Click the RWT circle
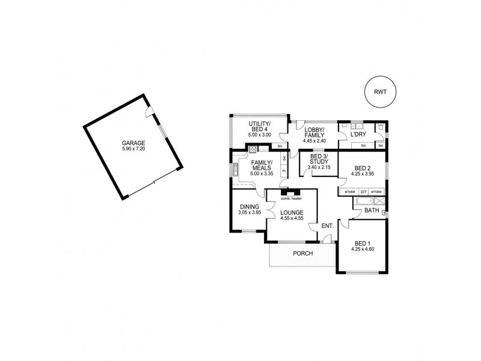pyautogui.click(x=381, y=93)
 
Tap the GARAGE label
pyautogui.click(x=133, y=142)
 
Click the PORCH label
pyautogui.click(x=303, y=253)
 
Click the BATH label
pyautogui.click(x=371, y=211)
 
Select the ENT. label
pyautogui.click(x=327, y=226)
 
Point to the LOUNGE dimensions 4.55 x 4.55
pyautogui.click(x=291, y=218)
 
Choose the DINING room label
pyautogui.click(x=248, y=206)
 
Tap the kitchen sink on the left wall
pyautogui.click(x=236, y=170)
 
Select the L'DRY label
pyautogui.click(x=358, y=135)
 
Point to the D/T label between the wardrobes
pyautogui.click(x=363, y=191)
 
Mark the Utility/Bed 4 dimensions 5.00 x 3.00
pyautogui.click(x=260, y=135)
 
